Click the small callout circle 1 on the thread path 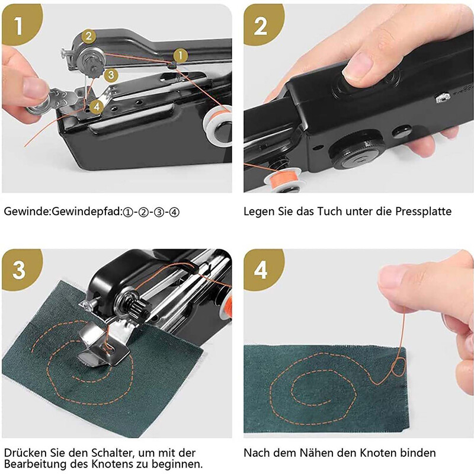pyautogui.click(x=181, y=56)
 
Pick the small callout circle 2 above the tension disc pyautogui.click(x=88, y=36)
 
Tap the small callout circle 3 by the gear pyautogui.click(x=111, y=75)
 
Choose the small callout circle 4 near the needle pyautogui.click(x=97, y=107)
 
